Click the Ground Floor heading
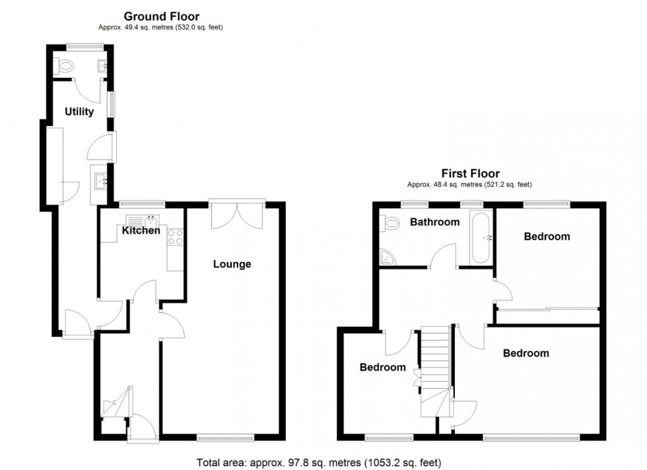[x=162, y=17]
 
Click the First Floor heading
[x=470, y=174]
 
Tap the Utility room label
[x=79, y=112]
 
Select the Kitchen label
[x=141, y=230]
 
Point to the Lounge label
[x=232, y=264]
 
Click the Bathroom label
[x=434, y=222]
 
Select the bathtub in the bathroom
[x=481, y=238]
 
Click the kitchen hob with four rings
[x=176, y=237]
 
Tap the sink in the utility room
[x=100, y=178]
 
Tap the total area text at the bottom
[x=319, y=461]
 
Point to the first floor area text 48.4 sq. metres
[x=469, y=185]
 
